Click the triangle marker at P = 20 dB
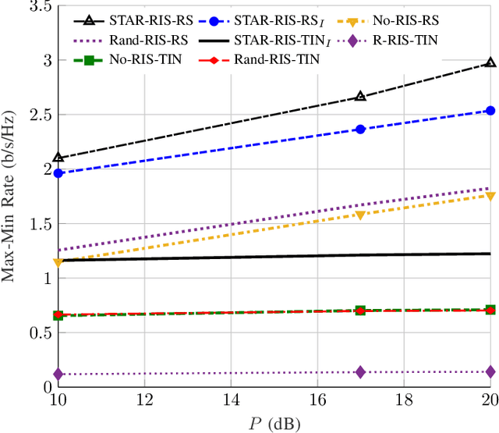click(490, 62)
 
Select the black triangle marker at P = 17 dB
click(360, 96)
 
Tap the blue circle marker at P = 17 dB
click(360, 129)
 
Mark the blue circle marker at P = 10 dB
click(58, 172)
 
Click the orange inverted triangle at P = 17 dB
click(360, 215)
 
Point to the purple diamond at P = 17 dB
click(360, 372)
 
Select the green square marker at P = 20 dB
click(490, 310)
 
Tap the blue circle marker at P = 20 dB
click(490, 111)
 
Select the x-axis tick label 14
click(231, 400)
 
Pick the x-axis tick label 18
click(404, 400)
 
